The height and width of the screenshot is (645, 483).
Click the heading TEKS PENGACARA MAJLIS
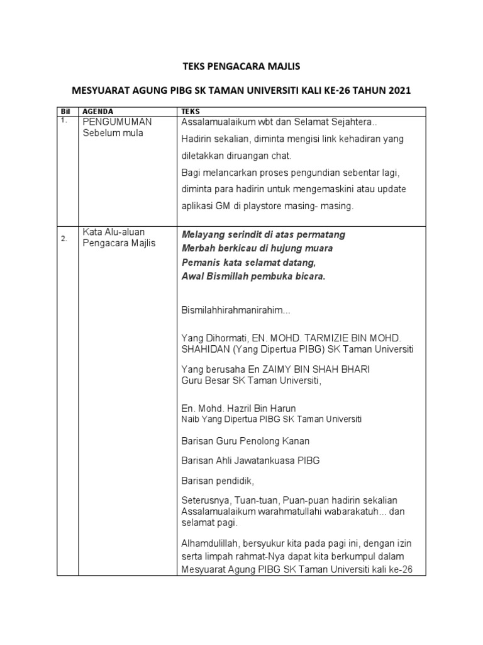coord(241,66)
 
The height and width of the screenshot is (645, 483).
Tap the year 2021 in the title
coord(396,91)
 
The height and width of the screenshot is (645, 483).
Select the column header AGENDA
coord(99,111)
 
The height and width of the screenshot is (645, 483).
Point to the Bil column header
coord(65,111)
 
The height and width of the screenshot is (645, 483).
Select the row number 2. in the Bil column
coord(65,239)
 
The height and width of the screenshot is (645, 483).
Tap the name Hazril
coord(247,408)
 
